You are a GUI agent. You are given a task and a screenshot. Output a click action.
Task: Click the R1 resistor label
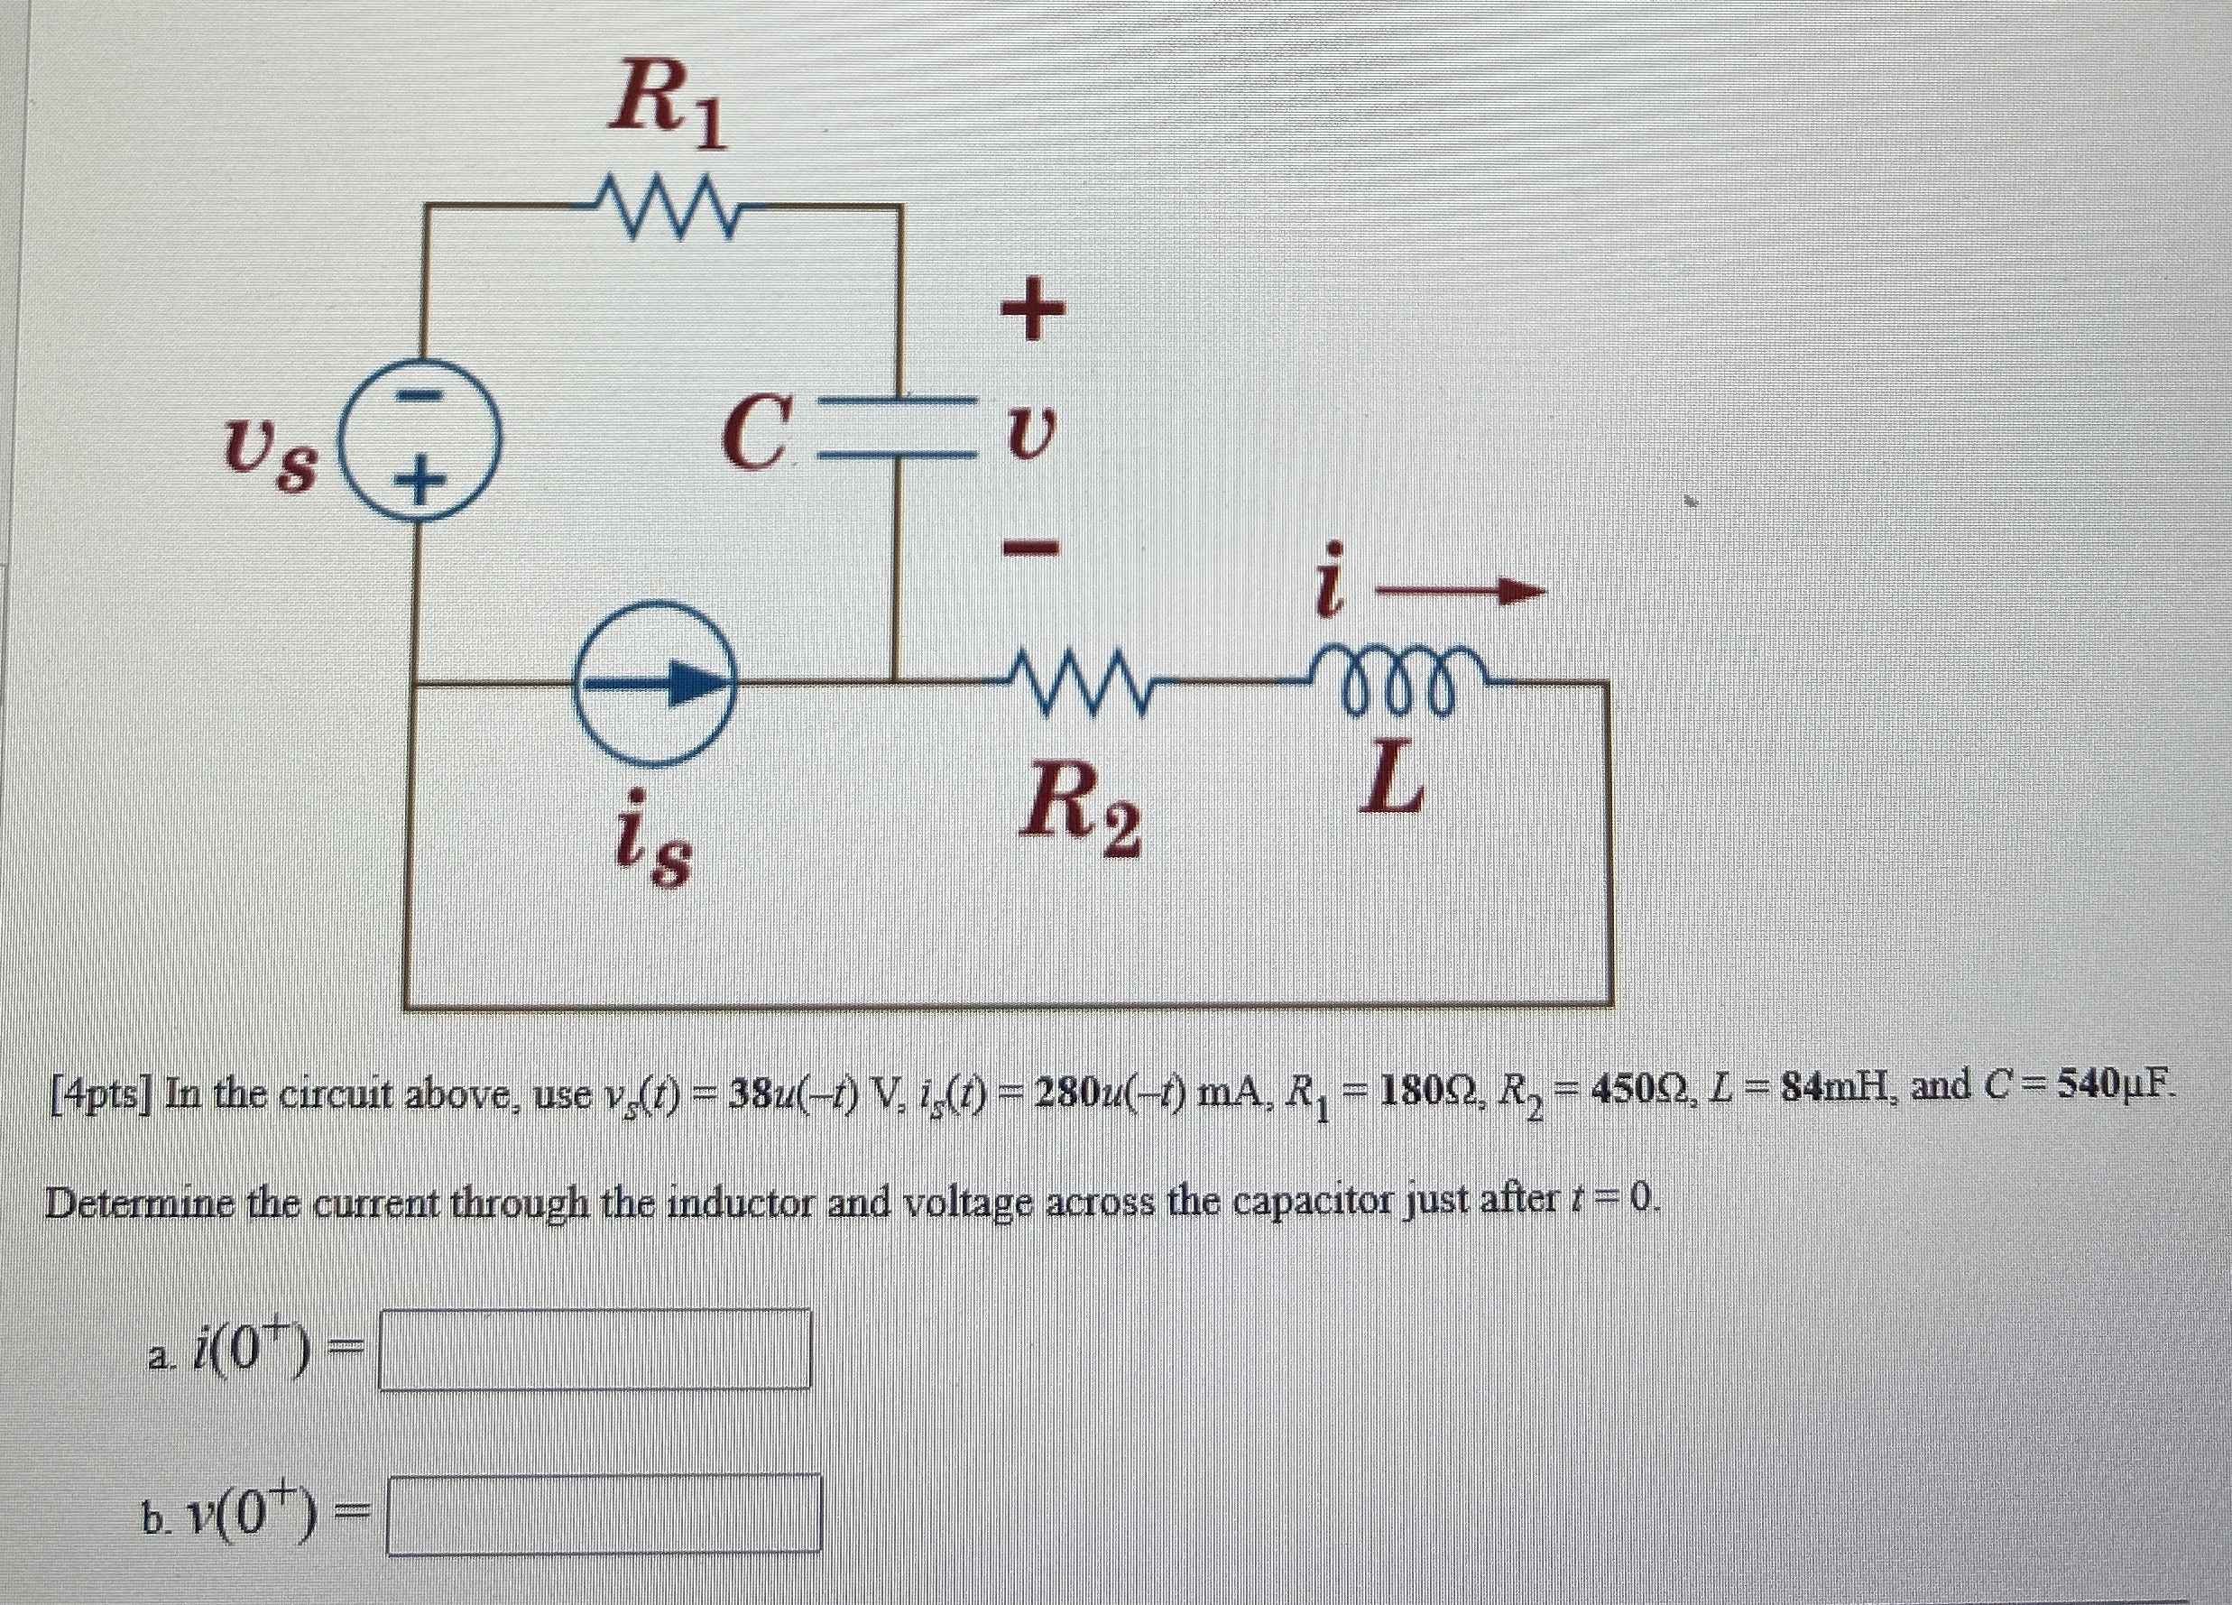pyautogui.click(x=668, y=105)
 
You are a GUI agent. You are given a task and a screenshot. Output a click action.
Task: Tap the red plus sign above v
pyautogui.click(x=1032, y=308)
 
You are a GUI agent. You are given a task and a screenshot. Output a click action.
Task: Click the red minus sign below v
pyautogui.click(x=1031, y=544)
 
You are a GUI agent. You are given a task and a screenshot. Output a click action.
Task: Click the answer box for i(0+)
pyautogui.click(x=595, y=1349)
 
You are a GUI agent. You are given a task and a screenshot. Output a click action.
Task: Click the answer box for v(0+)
pyautogui.click(x=604, y=1514)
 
